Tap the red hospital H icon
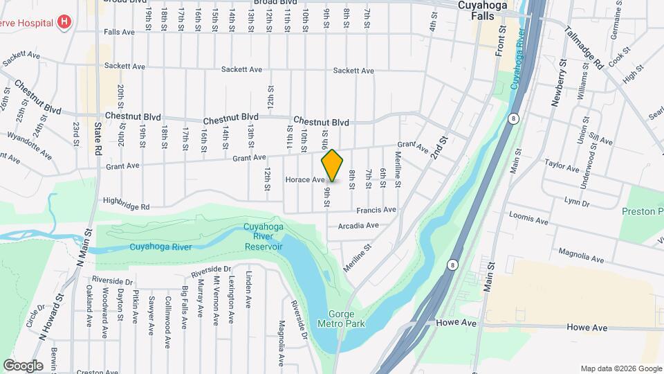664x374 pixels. pos(64,21)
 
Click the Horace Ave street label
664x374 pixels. pos(305,180)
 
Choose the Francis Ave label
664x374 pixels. pos(376,210)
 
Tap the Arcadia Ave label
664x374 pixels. pos(358,226)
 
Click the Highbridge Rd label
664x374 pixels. pos(126,206)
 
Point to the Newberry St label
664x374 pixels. pos(560,82)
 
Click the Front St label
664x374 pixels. pos(501,41)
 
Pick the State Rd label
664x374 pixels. pos(98,139)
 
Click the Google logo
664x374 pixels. pos(23,366)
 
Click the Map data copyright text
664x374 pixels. pos(620,368)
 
